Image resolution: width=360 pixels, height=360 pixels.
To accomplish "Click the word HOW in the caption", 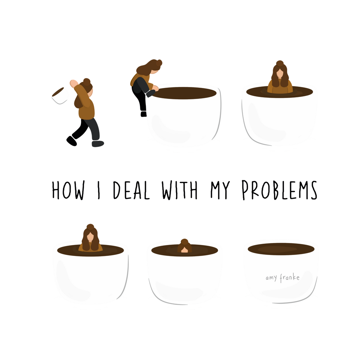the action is (x=68, y=190).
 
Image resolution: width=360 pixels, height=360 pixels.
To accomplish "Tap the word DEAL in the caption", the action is (x=131, y=190).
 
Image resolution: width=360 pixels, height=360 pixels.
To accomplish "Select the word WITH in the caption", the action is (x=180, y=190).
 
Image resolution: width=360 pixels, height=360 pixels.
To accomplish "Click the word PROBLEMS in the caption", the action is (x=280, y=190).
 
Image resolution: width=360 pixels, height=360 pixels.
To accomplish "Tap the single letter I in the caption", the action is (x=99, y=190).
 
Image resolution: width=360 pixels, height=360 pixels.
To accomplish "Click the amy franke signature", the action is (x=283, y=278).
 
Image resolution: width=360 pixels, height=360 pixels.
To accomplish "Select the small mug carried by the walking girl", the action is (x=59, y=95).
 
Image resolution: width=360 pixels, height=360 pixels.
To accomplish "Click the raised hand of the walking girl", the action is (x=74, y=83).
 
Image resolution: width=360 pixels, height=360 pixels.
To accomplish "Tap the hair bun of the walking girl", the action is (x=87, y=82).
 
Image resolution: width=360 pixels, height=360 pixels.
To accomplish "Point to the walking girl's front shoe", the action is (x=98, y=144).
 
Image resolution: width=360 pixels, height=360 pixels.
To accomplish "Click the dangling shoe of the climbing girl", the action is (x=144, y=114).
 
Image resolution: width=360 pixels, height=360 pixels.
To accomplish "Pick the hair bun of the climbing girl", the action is (x=159, y=63).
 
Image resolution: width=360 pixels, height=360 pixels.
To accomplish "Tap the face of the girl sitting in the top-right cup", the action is (x=280, y=74).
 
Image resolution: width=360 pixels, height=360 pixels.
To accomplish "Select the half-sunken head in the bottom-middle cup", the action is (x=184, y=246).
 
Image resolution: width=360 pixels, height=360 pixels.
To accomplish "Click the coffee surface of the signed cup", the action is (x=281, y=249).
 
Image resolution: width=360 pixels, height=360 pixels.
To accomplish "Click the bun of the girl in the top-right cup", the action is (x=280, y=64).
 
